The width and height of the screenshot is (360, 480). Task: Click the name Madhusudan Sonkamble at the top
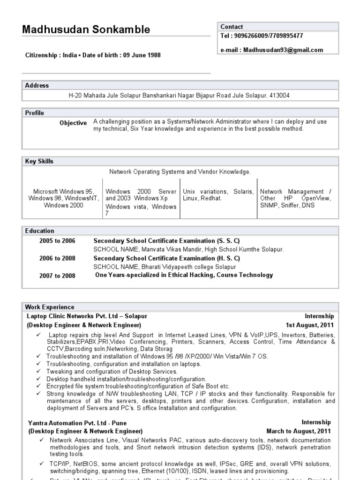[x=86, y=30]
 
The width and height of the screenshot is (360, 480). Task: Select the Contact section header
[x=232, y=27]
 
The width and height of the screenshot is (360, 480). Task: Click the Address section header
[x=37, y=85]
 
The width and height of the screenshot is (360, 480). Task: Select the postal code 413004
[x=280, y=96]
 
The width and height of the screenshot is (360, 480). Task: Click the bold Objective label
[x=73, y=123]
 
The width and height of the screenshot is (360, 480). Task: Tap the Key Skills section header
[x=39, y=161]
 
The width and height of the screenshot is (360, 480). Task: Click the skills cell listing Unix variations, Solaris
[x=218, y=195]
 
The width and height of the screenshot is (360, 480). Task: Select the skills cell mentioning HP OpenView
[x=295, y=198]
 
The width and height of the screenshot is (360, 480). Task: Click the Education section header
[x=39, y=231]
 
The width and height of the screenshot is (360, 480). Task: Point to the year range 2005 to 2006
[x=57, y=240]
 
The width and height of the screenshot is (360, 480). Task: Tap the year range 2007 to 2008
[x=57, y=276]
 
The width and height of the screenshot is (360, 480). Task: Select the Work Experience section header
[x=49, y=307]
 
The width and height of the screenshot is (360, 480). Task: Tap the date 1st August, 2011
[x=310, y=325]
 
